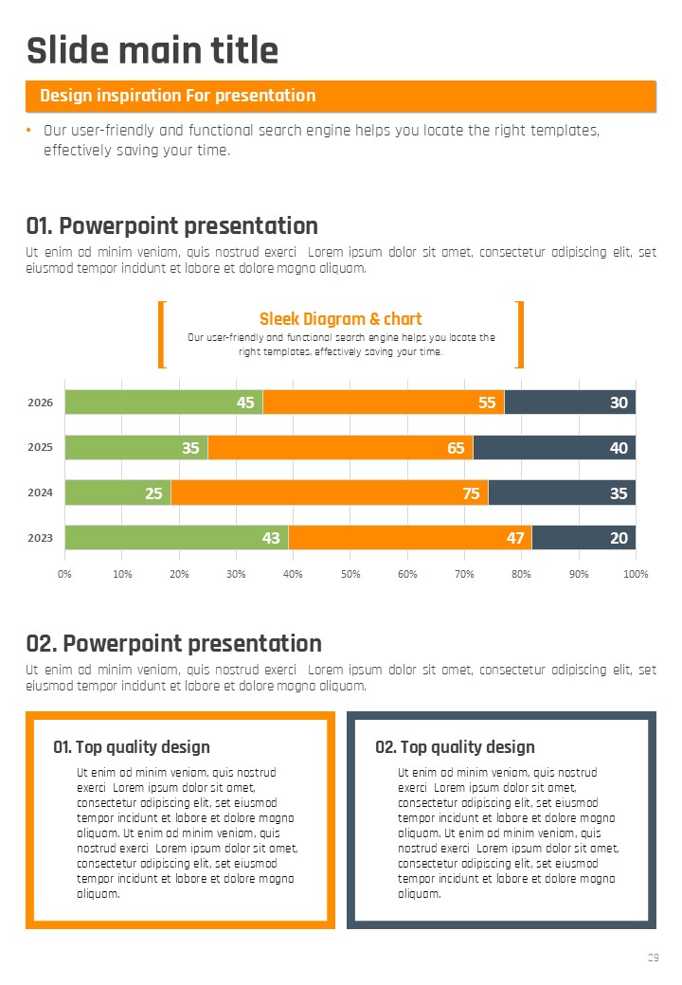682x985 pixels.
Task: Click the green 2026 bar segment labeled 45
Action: point(163,403)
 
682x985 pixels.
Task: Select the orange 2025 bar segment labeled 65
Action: point(340,447)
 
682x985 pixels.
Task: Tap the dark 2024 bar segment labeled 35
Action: point(562,492)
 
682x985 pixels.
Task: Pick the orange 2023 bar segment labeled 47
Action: point(410,537)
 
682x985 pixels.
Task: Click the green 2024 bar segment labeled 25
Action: point(117,492)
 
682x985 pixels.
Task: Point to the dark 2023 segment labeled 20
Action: point(583,537)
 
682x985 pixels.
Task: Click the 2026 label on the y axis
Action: point(41,403)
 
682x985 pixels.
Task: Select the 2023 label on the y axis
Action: point(41,538)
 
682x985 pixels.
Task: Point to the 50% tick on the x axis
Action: point(350,574)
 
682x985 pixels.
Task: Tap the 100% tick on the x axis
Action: point(636,574)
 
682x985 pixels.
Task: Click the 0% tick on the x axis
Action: point(64,574)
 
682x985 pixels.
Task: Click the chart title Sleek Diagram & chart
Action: point(341,319)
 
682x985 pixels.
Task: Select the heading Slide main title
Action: point(153,50)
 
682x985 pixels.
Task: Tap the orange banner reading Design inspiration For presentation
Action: point(341,96)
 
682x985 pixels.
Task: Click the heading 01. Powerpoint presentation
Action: point(172,225)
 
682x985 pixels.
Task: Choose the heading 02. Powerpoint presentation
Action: point(174,643)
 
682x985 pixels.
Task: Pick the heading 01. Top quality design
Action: point(132,747)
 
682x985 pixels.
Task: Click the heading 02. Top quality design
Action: point(455,747)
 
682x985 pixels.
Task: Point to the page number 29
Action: point(653,958)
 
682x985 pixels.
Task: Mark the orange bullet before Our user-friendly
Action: point(29,131)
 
